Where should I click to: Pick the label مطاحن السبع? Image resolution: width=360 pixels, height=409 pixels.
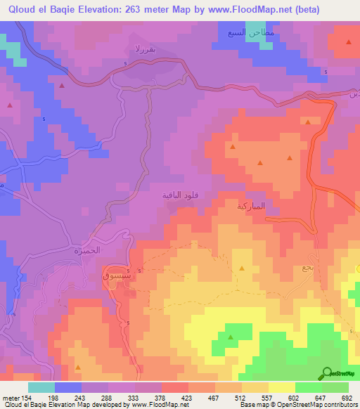245,33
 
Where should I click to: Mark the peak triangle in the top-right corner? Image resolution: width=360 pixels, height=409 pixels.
349,42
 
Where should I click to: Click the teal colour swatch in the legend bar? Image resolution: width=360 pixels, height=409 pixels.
41,387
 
